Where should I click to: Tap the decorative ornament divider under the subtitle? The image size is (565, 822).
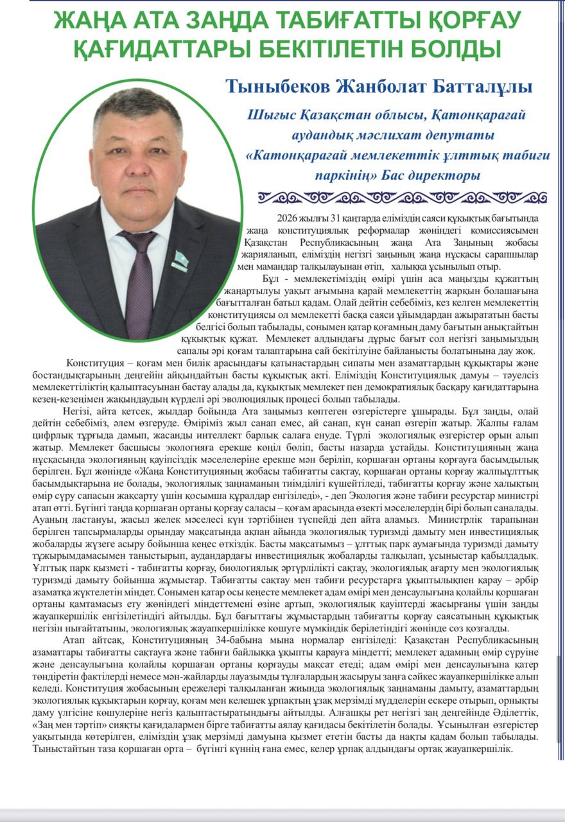coord(402,197)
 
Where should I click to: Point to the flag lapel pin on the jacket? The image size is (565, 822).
coord(180,260)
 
